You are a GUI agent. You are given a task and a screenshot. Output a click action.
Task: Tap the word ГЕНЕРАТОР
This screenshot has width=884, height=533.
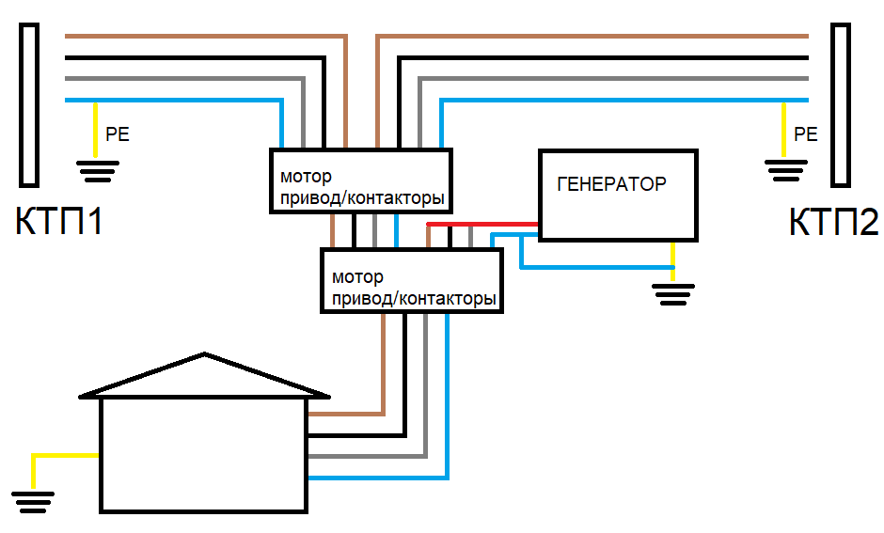pos(611,184)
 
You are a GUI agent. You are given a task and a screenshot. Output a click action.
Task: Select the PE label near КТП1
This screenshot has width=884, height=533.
pos(118,134)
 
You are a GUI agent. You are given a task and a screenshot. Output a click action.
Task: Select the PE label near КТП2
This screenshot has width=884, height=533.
pos(806,133)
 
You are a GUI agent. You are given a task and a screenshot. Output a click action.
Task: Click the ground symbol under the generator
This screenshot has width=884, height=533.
pos(672,293)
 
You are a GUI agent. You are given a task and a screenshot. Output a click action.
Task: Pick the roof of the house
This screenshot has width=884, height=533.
pos(204,376)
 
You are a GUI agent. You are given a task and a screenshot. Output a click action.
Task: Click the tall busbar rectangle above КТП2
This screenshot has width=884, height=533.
pos(840,104)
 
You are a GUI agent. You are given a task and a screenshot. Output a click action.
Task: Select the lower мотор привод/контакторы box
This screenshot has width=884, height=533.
pos(412,281)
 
